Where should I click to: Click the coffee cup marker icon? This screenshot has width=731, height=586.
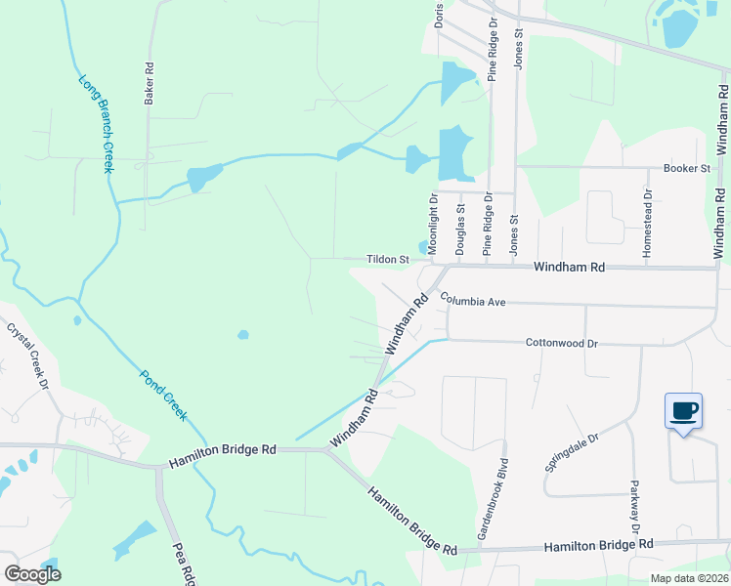point(683,410)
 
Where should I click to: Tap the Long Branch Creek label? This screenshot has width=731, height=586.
point(96,124)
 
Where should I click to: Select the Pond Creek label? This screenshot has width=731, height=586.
point(162,395)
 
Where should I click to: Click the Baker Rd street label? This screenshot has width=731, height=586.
point(150,84)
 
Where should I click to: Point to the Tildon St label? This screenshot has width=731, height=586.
point(387,260)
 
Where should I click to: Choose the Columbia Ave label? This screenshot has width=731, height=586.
point(472,302)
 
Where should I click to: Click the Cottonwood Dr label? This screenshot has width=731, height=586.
point(561,343)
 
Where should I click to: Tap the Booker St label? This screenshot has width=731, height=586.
point(686,168)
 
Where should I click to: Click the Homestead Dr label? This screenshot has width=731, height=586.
point(647,230)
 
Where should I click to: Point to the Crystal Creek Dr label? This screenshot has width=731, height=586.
point(28,356)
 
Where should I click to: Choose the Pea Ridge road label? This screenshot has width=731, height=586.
point(184,565)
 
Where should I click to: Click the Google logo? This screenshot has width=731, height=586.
point(32,574)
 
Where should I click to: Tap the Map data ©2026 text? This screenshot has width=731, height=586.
point(689,578)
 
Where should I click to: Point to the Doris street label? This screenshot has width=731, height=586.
point(440,15)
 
